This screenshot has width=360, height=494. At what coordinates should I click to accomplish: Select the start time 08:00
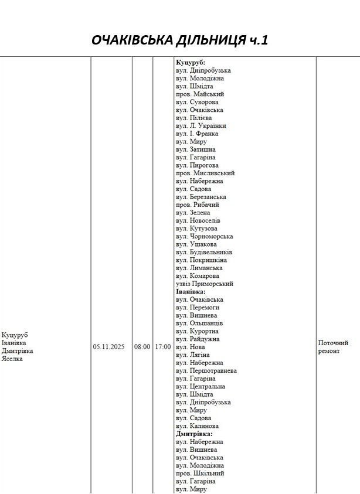(142, 347)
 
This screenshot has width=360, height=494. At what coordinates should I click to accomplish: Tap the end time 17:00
(163, 347)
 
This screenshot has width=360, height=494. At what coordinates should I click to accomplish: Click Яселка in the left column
(12, 359)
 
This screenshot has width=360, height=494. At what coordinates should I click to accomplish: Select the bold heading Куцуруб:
(191, 62)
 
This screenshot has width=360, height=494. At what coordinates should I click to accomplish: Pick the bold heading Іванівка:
(191, 291)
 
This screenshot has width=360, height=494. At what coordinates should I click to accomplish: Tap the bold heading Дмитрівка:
(194, 434)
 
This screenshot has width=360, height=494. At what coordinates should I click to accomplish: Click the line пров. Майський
(200, 94)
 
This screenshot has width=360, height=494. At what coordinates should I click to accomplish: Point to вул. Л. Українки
(201, 125)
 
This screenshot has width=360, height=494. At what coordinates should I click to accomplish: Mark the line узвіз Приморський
(205, 284)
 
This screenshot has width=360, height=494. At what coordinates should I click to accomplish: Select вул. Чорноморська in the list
(205, 236)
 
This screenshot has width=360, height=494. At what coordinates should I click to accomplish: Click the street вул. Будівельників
(204, 252)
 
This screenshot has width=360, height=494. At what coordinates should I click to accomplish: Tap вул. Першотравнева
(206, 371)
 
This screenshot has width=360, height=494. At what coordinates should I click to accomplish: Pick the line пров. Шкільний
(200, 473)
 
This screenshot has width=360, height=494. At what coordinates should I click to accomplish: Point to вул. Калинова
(198, 426)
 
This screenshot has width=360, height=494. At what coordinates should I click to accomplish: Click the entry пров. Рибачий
(198, 205)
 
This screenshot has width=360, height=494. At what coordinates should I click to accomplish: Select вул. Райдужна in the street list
(198, 339)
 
